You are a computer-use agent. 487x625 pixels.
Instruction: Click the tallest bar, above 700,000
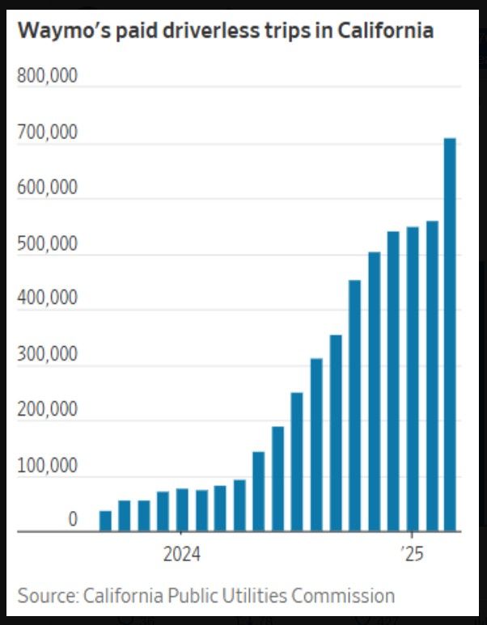450,335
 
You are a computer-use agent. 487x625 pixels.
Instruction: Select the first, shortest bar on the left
105,522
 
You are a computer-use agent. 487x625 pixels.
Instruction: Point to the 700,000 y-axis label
47,132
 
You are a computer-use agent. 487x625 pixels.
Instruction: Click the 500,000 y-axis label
47,243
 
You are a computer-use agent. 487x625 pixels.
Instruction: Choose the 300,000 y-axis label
47,354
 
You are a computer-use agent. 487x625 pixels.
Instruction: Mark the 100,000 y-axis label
47,466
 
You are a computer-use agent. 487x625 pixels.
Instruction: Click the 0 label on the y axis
73,520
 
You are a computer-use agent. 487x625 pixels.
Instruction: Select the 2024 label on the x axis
181,555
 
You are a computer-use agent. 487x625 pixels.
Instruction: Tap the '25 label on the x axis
412,555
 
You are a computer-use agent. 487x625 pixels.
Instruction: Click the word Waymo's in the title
59,31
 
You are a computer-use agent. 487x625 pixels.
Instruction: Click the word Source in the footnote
46,596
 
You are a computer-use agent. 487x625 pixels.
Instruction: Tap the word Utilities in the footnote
251,596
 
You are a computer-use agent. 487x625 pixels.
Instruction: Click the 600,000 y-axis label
47,188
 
